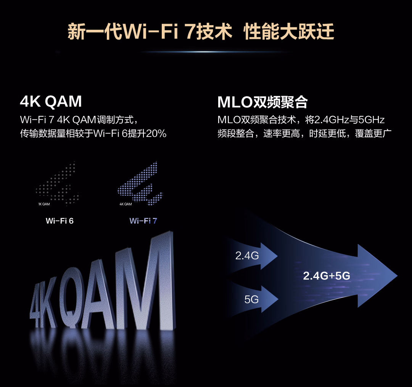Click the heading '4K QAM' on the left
(x=51, y=102)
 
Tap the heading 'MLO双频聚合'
(x=262, y=102)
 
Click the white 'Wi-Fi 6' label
(x=60, y=221)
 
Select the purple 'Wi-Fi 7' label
(x=143, y=221)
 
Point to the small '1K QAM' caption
(x=44, y=204)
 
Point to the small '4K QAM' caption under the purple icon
(x=126, y=204)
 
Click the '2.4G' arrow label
(x=247, y=255)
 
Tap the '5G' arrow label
(x=251, y=299)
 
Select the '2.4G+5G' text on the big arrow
(x=327, y=276)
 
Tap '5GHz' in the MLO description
(x=372, y=120)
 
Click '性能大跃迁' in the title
(x=289, y=32)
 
